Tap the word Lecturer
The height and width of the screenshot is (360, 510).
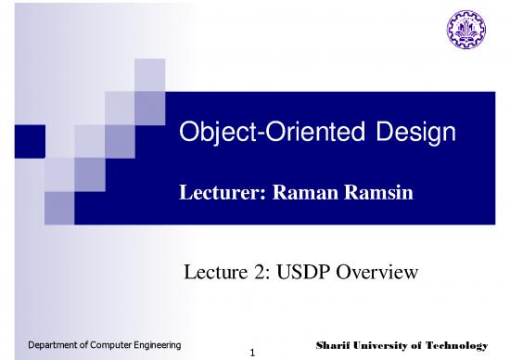215,192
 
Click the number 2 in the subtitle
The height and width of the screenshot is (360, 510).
267,272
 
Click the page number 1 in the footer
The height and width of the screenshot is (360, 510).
251,353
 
